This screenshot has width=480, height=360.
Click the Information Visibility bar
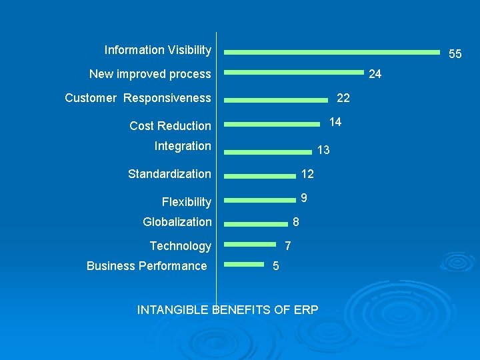tap(331, 52)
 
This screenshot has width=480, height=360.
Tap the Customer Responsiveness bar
tap(276, 101)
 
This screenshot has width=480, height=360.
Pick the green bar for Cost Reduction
tap(271, 124)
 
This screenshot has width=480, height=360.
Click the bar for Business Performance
tap(244, 265)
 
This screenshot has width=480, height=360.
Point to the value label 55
tap(455, 54)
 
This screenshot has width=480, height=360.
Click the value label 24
tap(375, 74)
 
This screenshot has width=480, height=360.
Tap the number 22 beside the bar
tap(343, 99)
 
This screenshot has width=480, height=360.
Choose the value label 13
tap(323, 151)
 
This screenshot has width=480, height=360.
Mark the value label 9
tap(304, 198)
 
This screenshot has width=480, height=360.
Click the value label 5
tap(276, 267)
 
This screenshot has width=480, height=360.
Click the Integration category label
tap(183, 146)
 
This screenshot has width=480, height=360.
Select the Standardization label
tap(169, 174)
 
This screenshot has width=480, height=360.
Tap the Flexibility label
tap(186, 202)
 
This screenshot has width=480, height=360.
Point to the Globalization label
tap(177, 222)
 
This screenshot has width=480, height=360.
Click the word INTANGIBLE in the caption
tap(173, 310)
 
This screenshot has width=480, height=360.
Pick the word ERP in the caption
tap(305, 310)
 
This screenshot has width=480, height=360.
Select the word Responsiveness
tap(167, 99)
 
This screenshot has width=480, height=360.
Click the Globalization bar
tap(255, 224)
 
